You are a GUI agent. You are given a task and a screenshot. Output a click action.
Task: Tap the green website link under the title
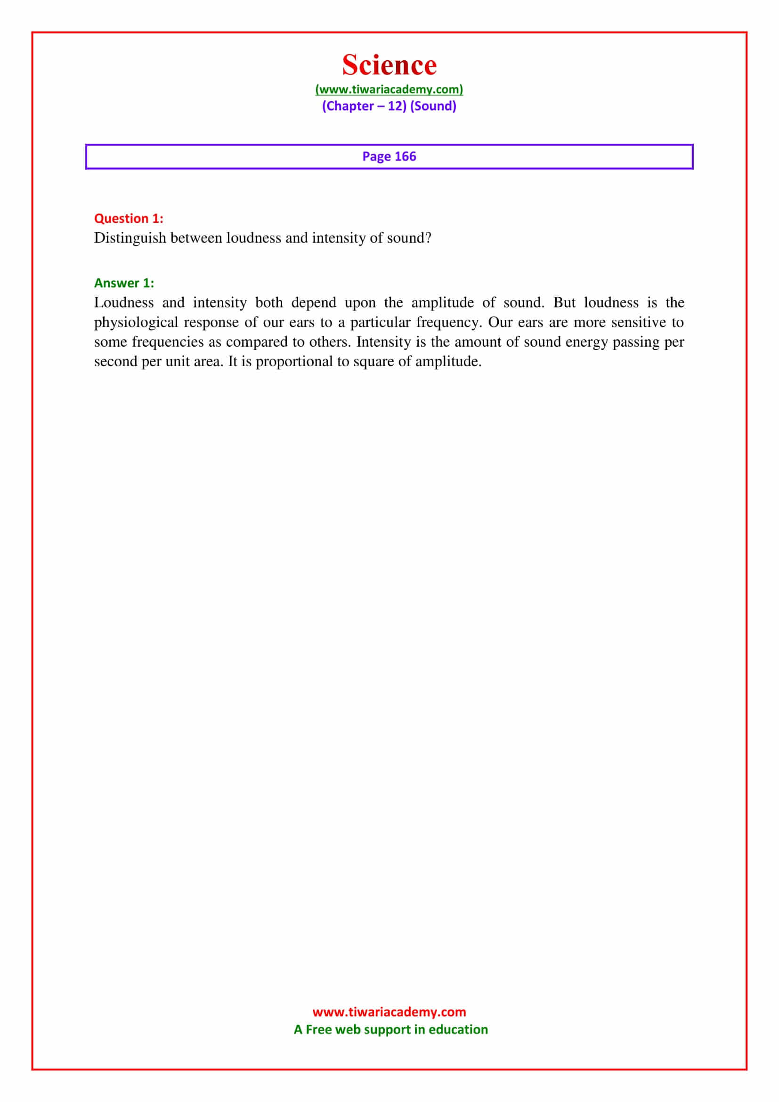click(389, 89)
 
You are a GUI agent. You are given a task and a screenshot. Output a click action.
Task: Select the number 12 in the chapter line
click(396, 106)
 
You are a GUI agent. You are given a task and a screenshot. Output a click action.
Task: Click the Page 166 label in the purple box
click(389, 156)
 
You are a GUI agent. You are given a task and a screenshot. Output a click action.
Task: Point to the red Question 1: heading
click(129, 219)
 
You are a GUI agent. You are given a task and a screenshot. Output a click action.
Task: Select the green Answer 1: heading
click(124, 283)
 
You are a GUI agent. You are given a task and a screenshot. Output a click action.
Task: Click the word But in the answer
click(564, 303)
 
